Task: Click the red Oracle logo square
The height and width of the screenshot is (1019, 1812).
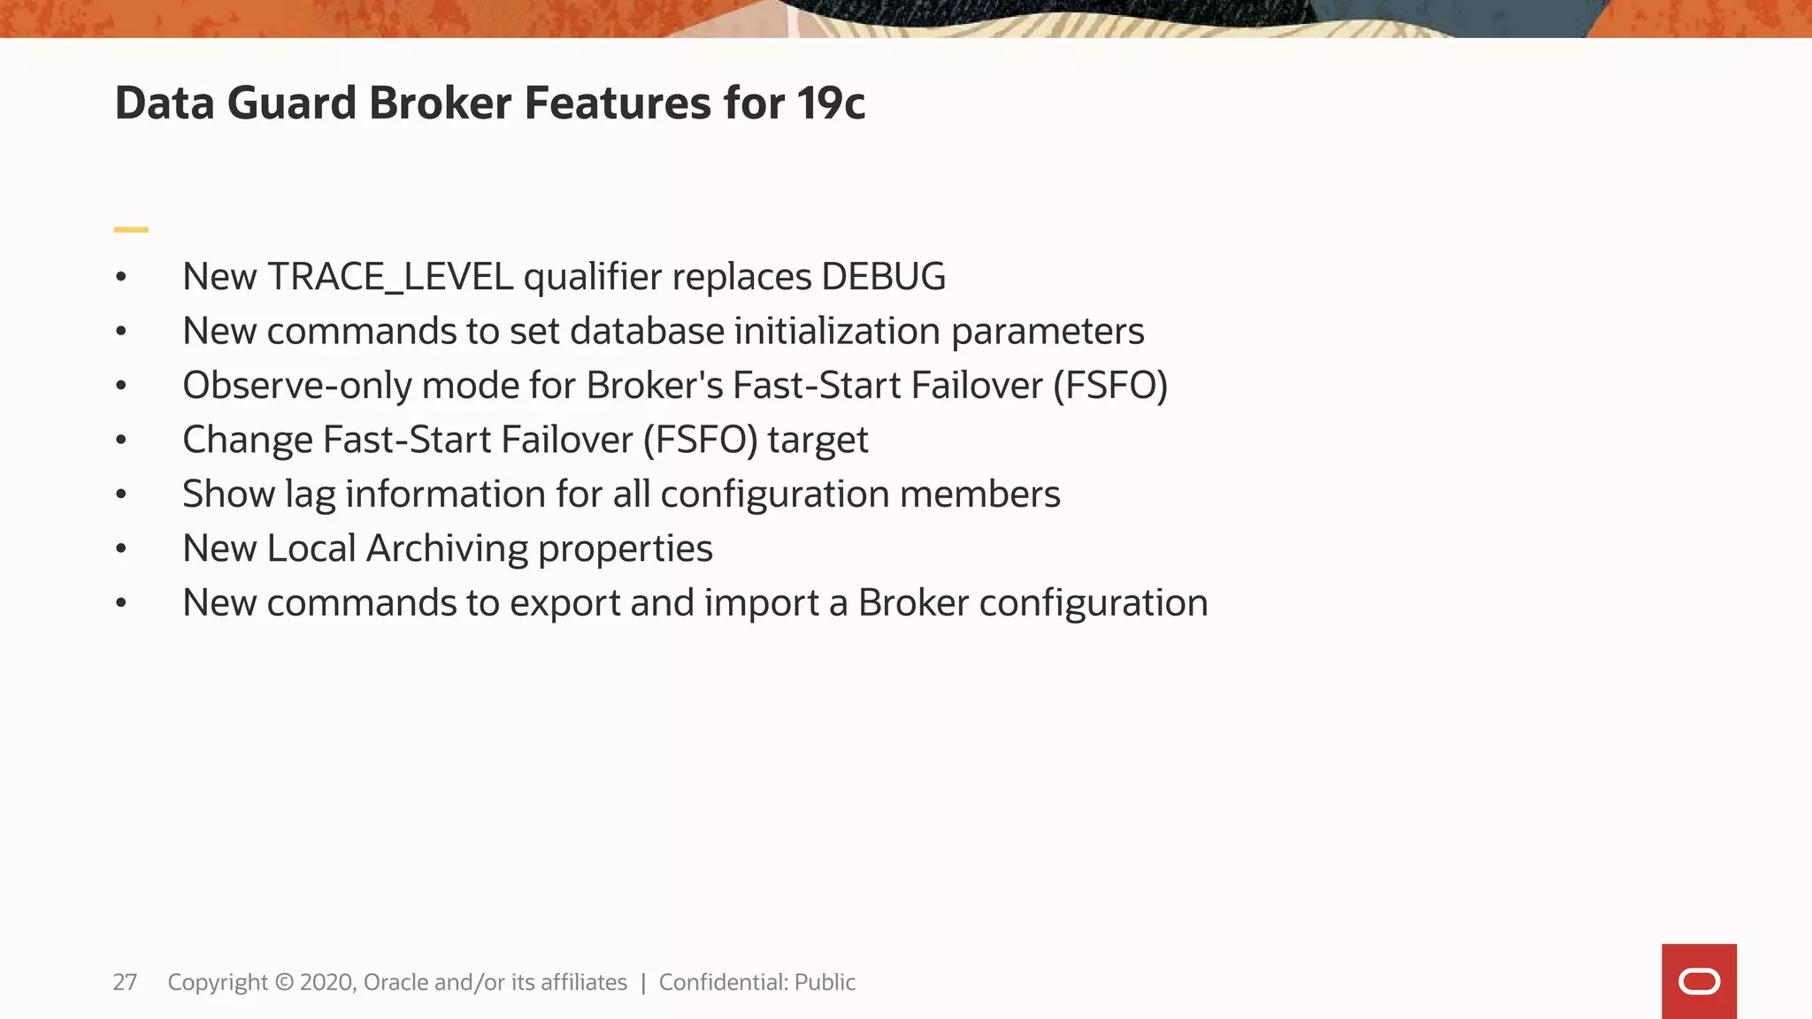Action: click(x=1698, y=981)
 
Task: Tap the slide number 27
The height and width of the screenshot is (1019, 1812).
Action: click(x=125, y=982)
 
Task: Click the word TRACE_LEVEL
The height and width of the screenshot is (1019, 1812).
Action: click(x=389, y=277)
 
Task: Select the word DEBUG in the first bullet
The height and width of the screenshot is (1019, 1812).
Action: click(x=883, y=277)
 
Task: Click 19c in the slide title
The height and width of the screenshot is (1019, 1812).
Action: click(x=830, y=103)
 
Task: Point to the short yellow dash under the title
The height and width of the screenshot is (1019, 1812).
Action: click(x=131, y=230)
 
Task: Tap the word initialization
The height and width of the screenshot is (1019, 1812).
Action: click(x=836, y=331)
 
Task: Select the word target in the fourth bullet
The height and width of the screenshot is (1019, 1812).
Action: click(x=818, y=440)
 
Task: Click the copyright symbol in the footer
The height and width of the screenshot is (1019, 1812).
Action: click(x=284, y=982)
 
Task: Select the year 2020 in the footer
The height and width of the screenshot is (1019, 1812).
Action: click(x=327, y=982)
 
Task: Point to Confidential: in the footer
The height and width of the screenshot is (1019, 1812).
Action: click(x=723, y=982)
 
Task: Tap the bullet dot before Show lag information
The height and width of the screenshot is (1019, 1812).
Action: click(x=121, y=494)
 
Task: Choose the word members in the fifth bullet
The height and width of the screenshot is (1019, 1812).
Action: click(x=979, y=494)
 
